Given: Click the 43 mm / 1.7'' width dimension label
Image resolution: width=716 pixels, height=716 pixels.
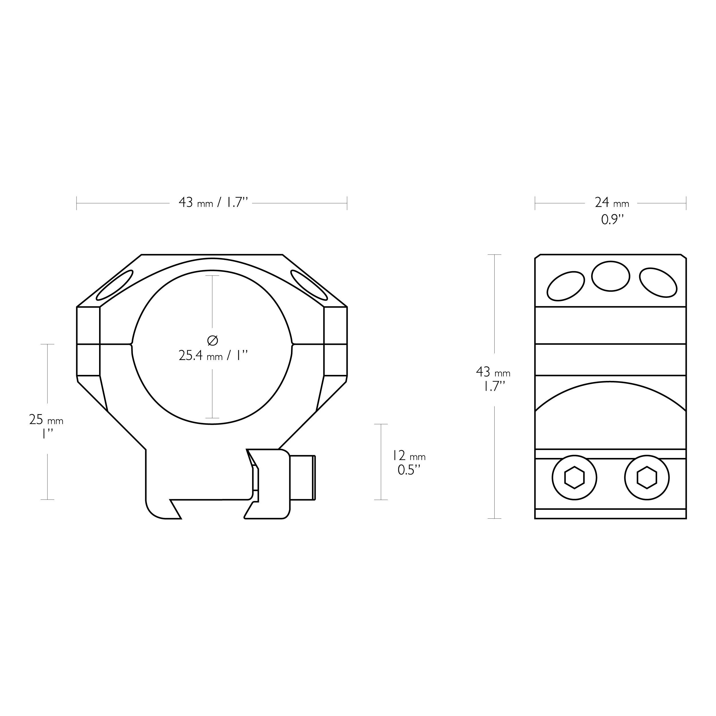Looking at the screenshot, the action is [213, 203].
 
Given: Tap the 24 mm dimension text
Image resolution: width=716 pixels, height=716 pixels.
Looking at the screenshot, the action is [612, 203].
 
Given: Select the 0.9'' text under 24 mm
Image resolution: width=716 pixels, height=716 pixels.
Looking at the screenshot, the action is [612, 220].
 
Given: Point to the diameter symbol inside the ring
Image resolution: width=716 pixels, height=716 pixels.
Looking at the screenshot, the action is [212, 340].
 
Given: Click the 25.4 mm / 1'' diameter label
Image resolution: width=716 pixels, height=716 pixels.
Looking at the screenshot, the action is [213, 356].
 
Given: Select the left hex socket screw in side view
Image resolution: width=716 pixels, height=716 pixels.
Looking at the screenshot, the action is [575, 478].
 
